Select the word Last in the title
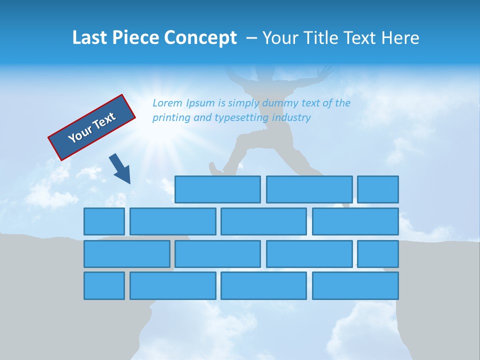pyautogui.click(x=90, y=38)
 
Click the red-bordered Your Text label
pyautogui.click(x=92, y=127)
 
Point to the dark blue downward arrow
pyautogui.click(x=120, y=169)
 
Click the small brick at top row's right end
pyautogui.click(x=378, y=189)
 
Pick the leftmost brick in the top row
pyautogui.click(x=217, y=189)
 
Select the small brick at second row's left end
pyautogui.click(x=104, y=221)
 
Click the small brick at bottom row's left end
pyautogui.click(x=104, y=285)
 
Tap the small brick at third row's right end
pyautogui.click(x=378, y=254)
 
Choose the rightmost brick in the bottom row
pyautogui.click(x=355, y=285)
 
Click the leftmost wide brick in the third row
pyautogui.click(x=126, y=254)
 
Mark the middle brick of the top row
pyautogui.click(x=309, y=189)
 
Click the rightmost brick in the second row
pyautogui.click(x=355, y=221)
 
